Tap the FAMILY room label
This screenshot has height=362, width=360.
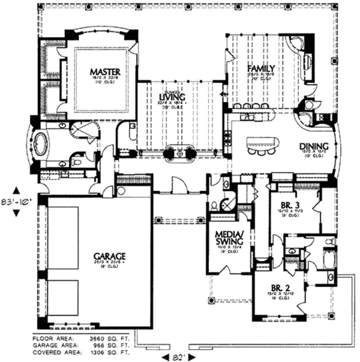(x=261, y=68)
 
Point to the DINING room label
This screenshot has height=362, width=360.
(x=314, y=146)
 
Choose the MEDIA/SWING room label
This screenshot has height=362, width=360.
(x=229, y=238)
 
